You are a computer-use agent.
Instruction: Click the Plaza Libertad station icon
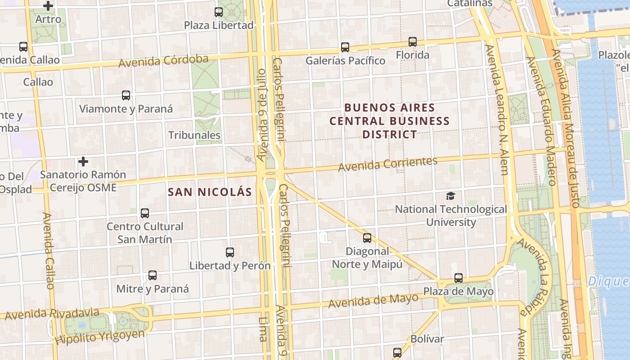click(219, 12)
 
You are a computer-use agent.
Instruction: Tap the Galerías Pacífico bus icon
click(345, 47)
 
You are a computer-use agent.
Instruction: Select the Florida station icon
click(413, 42)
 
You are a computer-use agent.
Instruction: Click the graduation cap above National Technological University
click(450, 196)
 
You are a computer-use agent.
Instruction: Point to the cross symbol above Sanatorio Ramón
click(83, 161)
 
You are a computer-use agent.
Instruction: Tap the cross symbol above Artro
click(48, 6)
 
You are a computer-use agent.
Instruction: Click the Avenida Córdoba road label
click(163, 61)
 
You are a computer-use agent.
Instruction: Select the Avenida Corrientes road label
click(388, 164)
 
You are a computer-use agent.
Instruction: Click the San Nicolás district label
click(210, 192)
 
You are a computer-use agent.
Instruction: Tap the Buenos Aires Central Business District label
click(390, 121)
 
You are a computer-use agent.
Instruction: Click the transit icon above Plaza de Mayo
click(459, 278)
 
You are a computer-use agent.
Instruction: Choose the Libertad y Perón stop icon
click(230, 252)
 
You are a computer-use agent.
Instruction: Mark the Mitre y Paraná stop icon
click(153, 275)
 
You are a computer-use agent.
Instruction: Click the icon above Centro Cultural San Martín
click(145, 213)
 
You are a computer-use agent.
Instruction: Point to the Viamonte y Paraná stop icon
click(126, 95)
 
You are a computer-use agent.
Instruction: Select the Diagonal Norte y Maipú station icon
click(367, 238)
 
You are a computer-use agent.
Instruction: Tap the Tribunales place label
click(194, 135)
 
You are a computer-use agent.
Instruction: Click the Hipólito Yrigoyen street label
click(100, 336)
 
